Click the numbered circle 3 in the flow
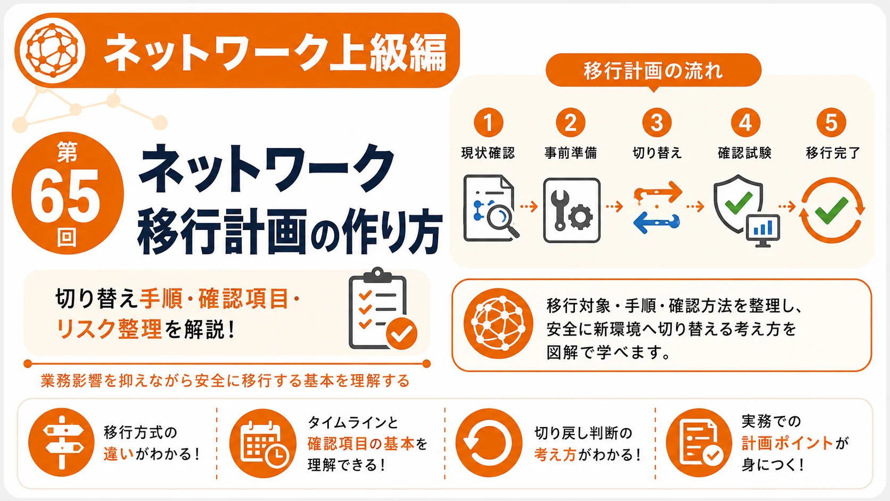point(657,122)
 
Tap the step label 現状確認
point(488,153)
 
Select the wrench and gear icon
point(572,210)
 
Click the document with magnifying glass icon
point(491,208)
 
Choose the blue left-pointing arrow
point(656,223)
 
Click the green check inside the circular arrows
point(831,211)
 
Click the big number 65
point(65,196)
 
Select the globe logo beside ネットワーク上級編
point(52,50)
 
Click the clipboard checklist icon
point(382,309)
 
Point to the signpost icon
point(62,442)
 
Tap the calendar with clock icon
point(262,443)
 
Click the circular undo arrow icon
point(489,442)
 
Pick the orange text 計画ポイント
point(787,443)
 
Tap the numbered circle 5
point(831,122)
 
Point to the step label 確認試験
point(745,153)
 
